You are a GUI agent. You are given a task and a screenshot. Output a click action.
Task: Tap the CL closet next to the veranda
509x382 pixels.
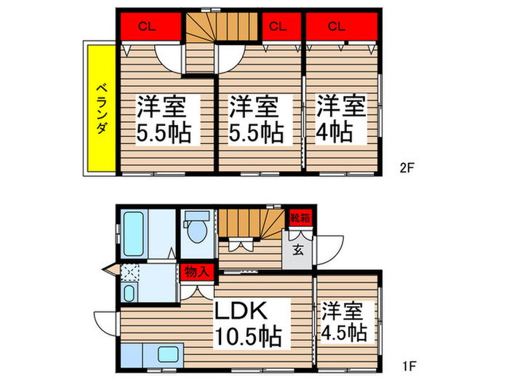[x=147, y=28]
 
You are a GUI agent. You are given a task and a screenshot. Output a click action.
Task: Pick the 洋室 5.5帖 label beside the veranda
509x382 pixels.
[x=163, y=120]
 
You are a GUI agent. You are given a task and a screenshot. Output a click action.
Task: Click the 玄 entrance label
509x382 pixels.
[x=298, y=250]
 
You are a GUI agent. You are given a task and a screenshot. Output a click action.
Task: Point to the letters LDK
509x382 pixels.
[x=241, y=311]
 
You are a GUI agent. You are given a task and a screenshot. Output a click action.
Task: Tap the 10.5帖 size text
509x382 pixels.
[x=247, y=336]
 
